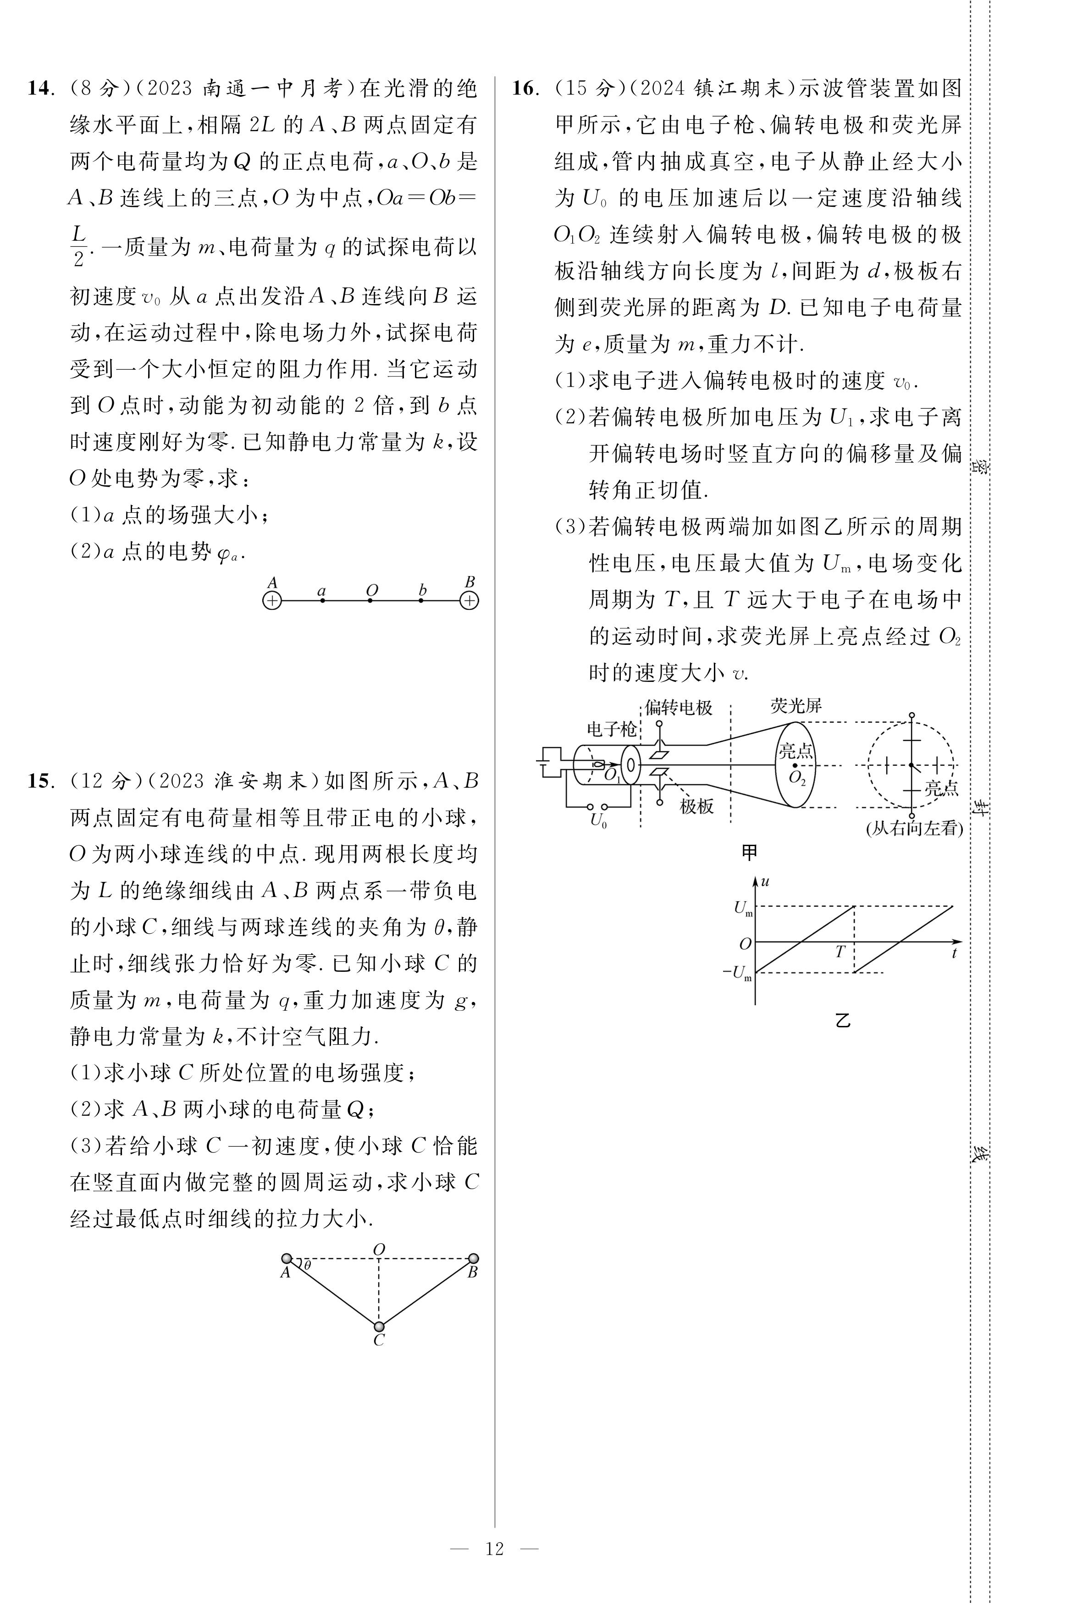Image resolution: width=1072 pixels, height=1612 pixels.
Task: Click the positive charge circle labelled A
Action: point(272,601)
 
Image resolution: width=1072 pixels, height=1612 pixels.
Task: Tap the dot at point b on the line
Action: point(420,601)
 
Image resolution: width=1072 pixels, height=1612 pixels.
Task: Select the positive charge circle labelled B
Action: point(469,601)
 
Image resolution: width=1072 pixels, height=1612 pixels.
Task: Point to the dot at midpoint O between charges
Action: point(370,601)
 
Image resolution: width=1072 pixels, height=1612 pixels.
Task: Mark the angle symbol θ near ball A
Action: point(308,1265)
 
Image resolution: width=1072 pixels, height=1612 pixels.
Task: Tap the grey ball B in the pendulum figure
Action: point(473,1258)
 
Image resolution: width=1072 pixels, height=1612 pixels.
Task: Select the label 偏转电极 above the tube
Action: point(679,708)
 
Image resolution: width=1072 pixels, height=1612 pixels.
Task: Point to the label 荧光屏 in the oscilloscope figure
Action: point(796,705)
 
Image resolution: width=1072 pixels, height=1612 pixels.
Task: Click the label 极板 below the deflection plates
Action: point(696,807)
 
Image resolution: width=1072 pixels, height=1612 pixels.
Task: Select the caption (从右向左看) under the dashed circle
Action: point(914,829)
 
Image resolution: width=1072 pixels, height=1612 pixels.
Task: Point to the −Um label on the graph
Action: point(738,973)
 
